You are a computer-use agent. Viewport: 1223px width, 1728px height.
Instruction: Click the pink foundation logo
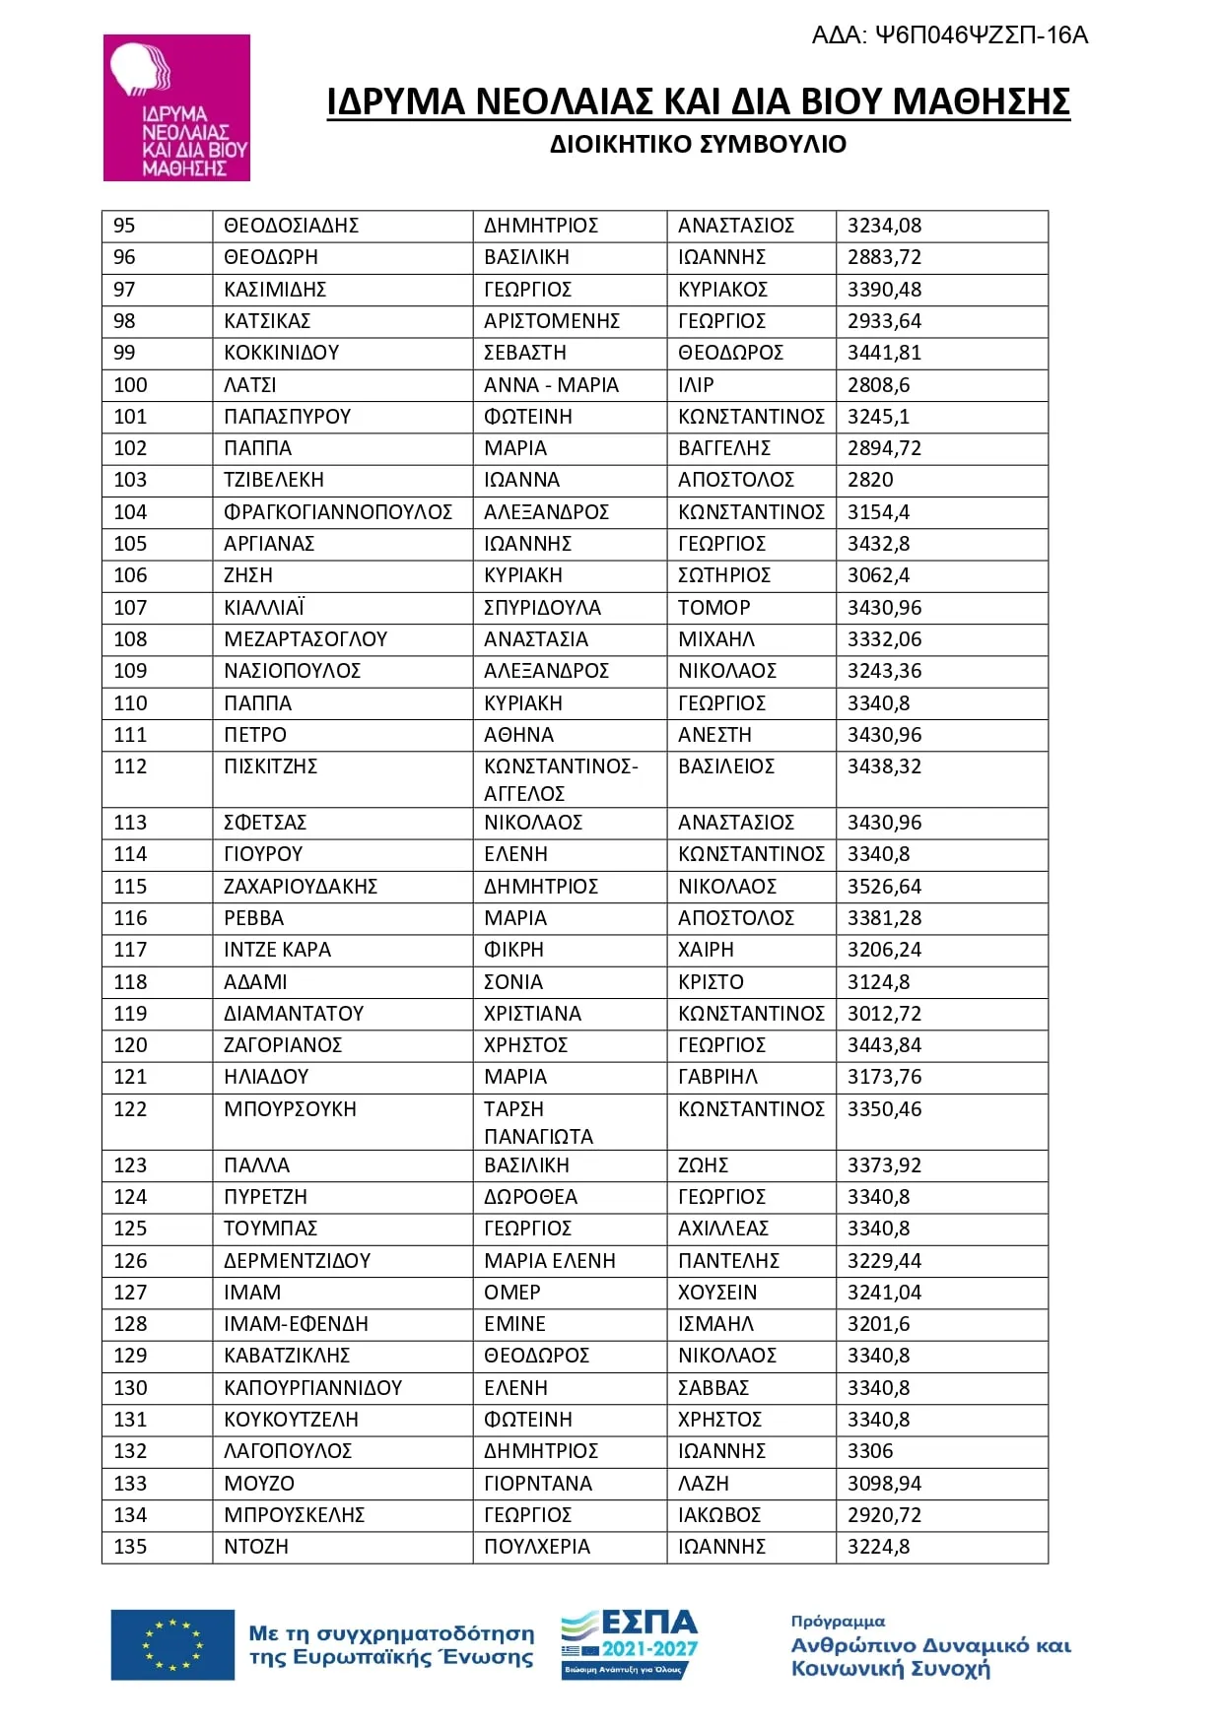click(x=176, y=107)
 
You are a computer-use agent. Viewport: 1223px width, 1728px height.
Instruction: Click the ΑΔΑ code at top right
click(x=949, y=35)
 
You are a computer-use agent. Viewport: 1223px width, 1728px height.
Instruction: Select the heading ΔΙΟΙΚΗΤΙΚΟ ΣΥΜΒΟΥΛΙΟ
click(x=698, y=144)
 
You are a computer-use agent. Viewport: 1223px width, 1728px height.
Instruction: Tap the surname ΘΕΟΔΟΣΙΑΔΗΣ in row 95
click(x=291, y=226)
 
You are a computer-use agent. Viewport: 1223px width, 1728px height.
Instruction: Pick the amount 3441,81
click(x=884, y=353)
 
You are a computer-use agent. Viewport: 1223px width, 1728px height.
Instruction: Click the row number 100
click(x=130, y=385)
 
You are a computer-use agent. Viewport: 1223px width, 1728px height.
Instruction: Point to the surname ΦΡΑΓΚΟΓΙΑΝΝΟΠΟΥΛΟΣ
click(x=338, y=512)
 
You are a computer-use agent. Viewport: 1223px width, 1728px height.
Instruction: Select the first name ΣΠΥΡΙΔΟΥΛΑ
click(x=542, y=608)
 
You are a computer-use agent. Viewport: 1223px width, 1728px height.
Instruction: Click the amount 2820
click(x=870, y=480)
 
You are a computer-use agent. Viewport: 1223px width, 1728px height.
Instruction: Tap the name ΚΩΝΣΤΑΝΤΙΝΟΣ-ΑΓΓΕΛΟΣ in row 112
click(x=561, y=779)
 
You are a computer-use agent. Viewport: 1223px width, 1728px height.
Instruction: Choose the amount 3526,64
click(x=884, y=887)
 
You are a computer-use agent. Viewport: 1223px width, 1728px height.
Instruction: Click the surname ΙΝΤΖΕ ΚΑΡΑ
click(x=277, y=950)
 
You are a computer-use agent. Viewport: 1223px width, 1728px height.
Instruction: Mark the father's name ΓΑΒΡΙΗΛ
click(x=717, y=1077)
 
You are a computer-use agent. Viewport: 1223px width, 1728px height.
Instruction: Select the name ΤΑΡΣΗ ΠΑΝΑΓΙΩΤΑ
click(x=538, y=1122)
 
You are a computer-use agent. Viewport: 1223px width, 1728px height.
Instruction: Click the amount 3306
click(x=870, y=1451)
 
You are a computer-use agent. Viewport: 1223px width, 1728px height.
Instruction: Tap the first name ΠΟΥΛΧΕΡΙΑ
click(x=537, y=1547)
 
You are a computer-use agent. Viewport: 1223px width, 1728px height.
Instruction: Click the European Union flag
click(x=172, y=1644)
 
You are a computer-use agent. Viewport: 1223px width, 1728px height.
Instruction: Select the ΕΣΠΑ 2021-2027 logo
click(x=630, y=1643)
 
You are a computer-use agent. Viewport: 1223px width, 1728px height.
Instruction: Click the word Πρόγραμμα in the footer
click(x=838, y=1621)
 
